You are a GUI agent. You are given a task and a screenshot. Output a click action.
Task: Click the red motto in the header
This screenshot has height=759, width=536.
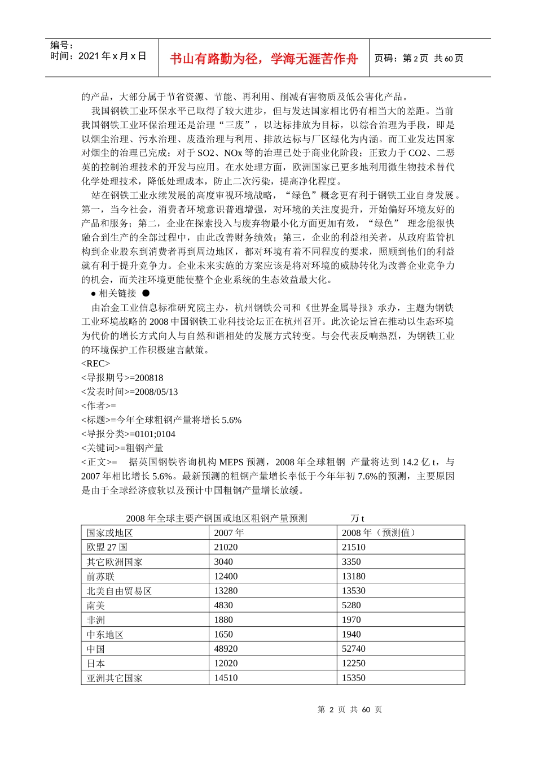point(263,59)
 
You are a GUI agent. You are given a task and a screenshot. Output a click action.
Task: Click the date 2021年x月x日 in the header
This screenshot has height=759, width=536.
point(112,56)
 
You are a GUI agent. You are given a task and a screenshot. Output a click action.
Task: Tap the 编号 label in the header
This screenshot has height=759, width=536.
point(61,45)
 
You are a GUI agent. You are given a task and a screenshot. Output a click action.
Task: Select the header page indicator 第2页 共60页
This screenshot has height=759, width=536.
point(419,58)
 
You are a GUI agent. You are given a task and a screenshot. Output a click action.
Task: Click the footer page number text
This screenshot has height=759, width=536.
point(350,709)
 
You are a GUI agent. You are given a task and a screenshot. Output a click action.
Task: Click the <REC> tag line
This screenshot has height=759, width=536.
point(96,364)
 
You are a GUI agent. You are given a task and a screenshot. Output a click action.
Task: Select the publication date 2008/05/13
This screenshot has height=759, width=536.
point(156,392)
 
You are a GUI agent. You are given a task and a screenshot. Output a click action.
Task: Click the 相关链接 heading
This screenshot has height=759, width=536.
point(117,293)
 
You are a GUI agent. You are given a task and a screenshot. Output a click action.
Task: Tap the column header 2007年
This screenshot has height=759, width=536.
point(229,533)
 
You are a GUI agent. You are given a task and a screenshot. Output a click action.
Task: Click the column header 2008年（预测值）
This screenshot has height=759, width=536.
point(379,533)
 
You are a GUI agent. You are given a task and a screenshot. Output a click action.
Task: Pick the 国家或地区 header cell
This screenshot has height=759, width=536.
point(110,533)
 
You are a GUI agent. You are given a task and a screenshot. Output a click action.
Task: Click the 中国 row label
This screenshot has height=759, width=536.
point(96,649)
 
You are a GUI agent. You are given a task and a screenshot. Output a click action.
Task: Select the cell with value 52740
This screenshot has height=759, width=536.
point(354,649)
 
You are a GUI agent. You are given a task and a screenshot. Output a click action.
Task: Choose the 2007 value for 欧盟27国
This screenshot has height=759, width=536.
point(226,547)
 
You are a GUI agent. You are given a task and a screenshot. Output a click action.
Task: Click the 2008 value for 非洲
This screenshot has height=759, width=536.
point(351,620)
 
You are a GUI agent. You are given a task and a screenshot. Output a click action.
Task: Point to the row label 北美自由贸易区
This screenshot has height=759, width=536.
point(119,591)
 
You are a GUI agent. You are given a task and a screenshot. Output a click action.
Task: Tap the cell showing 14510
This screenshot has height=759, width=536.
point(226,678)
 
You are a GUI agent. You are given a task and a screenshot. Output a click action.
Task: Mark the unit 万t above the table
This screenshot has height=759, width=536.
point(357,518)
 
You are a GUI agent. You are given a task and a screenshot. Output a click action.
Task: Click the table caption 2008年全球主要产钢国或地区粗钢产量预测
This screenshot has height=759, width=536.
point(217,518)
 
